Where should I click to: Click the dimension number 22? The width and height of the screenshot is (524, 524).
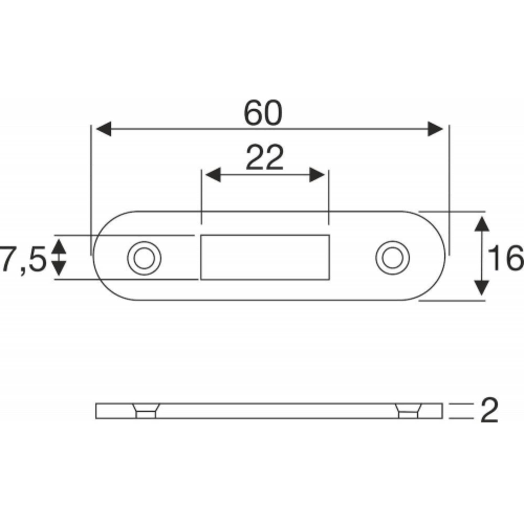coord(264,158)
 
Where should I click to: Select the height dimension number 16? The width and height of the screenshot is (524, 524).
coord(505,258)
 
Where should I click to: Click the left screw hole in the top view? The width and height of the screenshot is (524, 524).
coord(144,258)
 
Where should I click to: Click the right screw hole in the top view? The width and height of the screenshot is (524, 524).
coord(392,258)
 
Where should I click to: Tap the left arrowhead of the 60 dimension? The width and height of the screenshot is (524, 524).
coord(104,129)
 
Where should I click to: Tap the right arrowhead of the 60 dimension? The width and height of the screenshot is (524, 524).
coord(435,129)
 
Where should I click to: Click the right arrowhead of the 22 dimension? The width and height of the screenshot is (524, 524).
coord(317,175)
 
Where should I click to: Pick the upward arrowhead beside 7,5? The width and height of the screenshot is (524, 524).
coord(59,246)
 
